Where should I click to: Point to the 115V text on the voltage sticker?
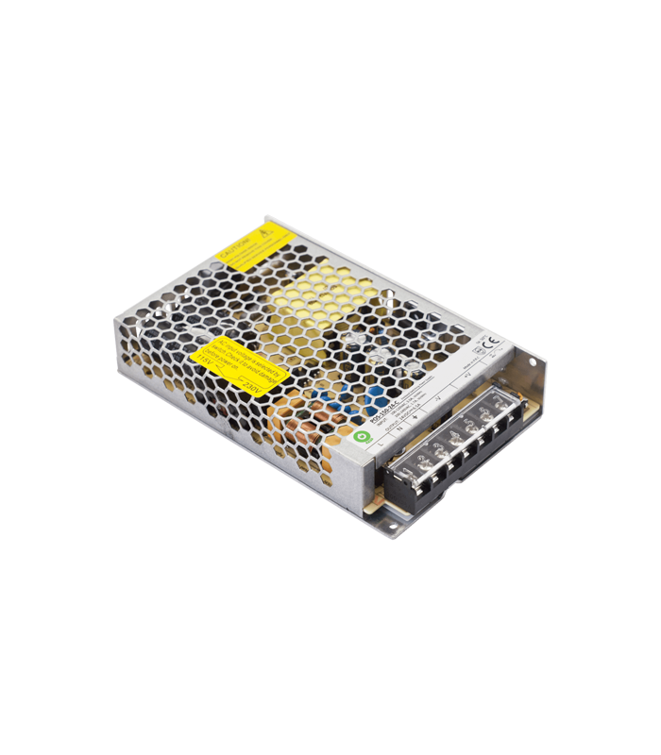point(207,372)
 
